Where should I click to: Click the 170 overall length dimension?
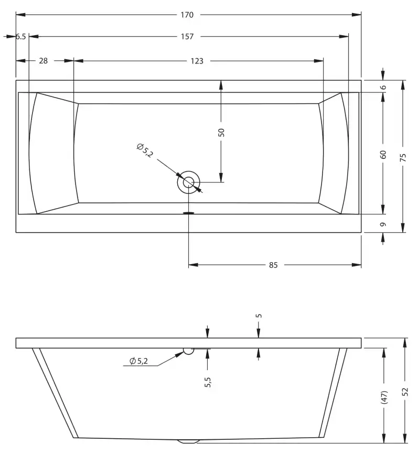187,15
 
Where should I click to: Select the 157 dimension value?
187,37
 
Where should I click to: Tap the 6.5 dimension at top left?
20,37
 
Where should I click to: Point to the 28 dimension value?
43,61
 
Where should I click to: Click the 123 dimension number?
197,61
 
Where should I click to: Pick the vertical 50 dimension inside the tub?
221,132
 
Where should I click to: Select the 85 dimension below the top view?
273,265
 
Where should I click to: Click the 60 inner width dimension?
383,154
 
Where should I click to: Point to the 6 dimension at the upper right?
383,87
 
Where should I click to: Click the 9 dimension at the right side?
383,224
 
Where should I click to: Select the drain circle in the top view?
188,182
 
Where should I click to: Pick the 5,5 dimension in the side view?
208,382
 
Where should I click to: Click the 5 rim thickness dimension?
259,316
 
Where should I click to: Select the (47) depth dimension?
384,397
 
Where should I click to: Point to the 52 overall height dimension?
404,392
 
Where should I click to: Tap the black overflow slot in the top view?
188,213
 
